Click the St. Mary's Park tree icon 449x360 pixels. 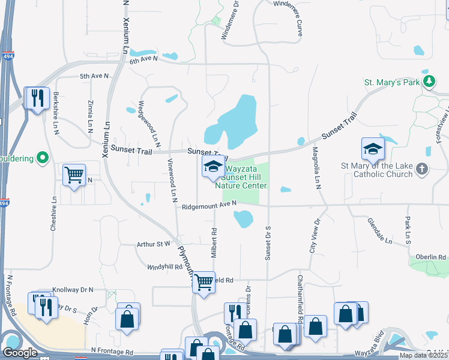(x=429, y=82)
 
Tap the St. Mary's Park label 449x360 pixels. (x=391, y=82)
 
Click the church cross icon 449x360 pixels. (x=422, y=169)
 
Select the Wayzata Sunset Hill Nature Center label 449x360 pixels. (x=244, y=177)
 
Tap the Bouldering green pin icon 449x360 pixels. (x=41, y=158)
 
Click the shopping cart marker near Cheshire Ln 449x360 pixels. (x=74, y=175)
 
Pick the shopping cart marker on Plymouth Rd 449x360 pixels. (x=203, y=281)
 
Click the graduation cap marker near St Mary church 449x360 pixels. (x=372, y=149)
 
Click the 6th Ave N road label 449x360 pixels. (x=142, y=59)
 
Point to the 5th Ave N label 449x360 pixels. (x=94, y=76)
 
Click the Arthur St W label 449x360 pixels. (x=154, y=244)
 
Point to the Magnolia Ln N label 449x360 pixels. (x=316, y=169)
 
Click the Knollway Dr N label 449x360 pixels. (x=73, y=289)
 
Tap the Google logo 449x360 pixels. (x=20, y=352)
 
